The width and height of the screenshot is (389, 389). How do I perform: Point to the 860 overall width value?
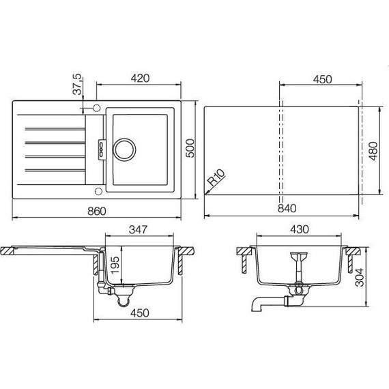(98, 212)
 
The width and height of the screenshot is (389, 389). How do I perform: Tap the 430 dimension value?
(300, 230)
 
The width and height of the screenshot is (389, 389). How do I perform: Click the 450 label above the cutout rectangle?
(321, 79)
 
